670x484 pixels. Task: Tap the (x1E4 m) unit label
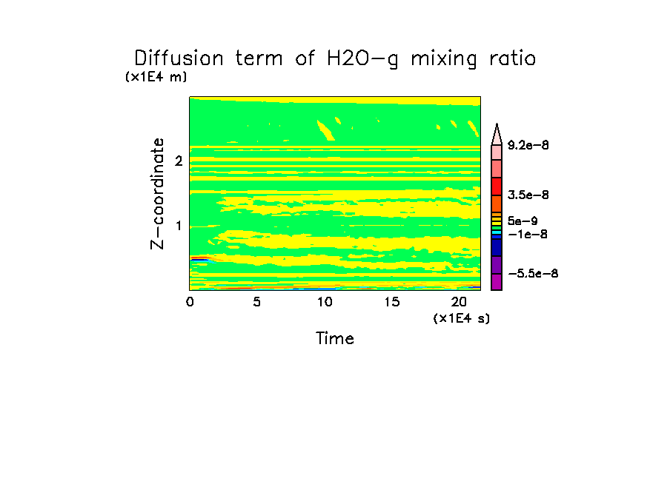point(156,77)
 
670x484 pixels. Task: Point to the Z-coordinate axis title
point(157,192)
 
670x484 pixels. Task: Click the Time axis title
point(335,339)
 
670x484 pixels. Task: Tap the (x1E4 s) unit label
point(462,318)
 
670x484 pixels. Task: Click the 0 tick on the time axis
point(190,302)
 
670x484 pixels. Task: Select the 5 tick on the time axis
point(256,302)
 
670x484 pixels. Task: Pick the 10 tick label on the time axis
point(324,302)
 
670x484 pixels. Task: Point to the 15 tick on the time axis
point(391,302)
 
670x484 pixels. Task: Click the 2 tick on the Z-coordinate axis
point(178,161)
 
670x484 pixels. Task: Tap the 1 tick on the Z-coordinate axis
point(178,226)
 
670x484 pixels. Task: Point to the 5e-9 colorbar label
point(522,221)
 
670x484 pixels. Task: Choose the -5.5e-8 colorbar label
point(533,274)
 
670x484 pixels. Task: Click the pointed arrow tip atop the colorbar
point(497,128)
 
